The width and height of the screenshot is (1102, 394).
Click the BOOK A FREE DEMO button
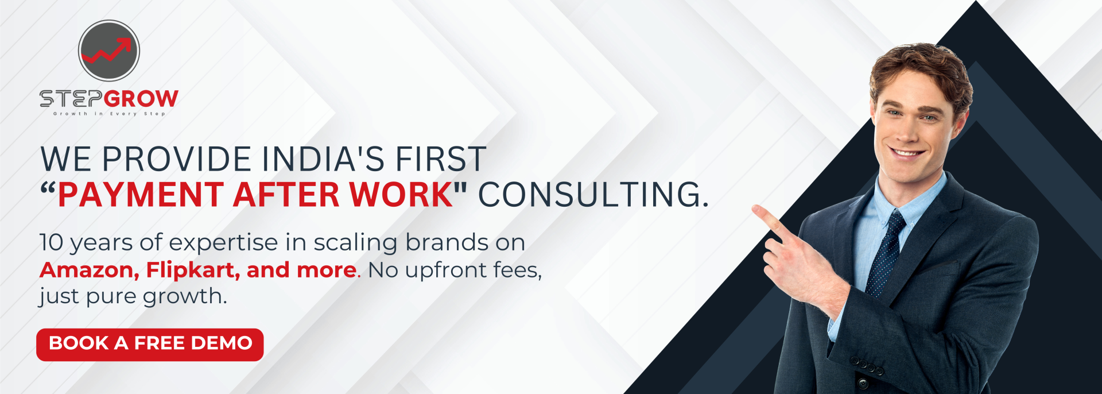[x=150, y=345]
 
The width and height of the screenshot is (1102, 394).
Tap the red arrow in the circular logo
[x=107, y=51]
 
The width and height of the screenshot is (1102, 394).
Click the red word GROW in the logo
[x=142, y=99]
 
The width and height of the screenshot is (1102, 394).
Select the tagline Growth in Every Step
[x=109, y=114]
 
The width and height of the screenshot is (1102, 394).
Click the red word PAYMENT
[x=141, y=194]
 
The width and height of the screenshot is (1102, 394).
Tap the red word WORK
[x=402, y=194]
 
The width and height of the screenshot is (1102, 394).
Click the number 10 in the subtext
[x=51, y=242]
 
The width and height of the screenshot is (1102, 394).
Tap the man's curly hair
[x=921, y=69]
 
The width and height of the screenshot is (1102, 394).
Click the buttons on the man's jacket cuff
[x=867, y=366]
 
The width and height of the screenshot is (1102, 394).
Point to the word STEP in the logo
[x=71, y=99]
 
